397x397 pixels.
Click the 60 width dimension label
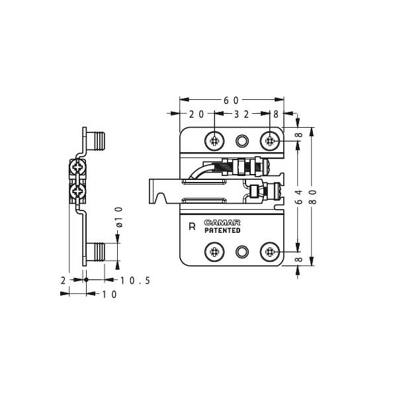(231, 101)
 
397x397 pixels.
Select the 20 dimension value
(197, 114)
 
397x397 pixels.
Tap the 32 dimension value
(242, 114)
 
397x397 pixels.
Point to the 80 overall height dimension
(313, 197)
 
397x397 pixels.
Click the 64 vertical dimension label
(299, 197)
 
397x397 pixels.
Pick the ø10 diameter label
(119, 217)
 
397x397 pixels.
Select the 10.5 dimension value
(135, 281)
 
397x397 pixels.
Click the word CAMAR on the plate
(222, 223)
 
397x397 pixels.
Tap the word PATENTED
(222, 231)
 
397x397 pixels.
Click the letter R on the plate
(192, 226)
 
